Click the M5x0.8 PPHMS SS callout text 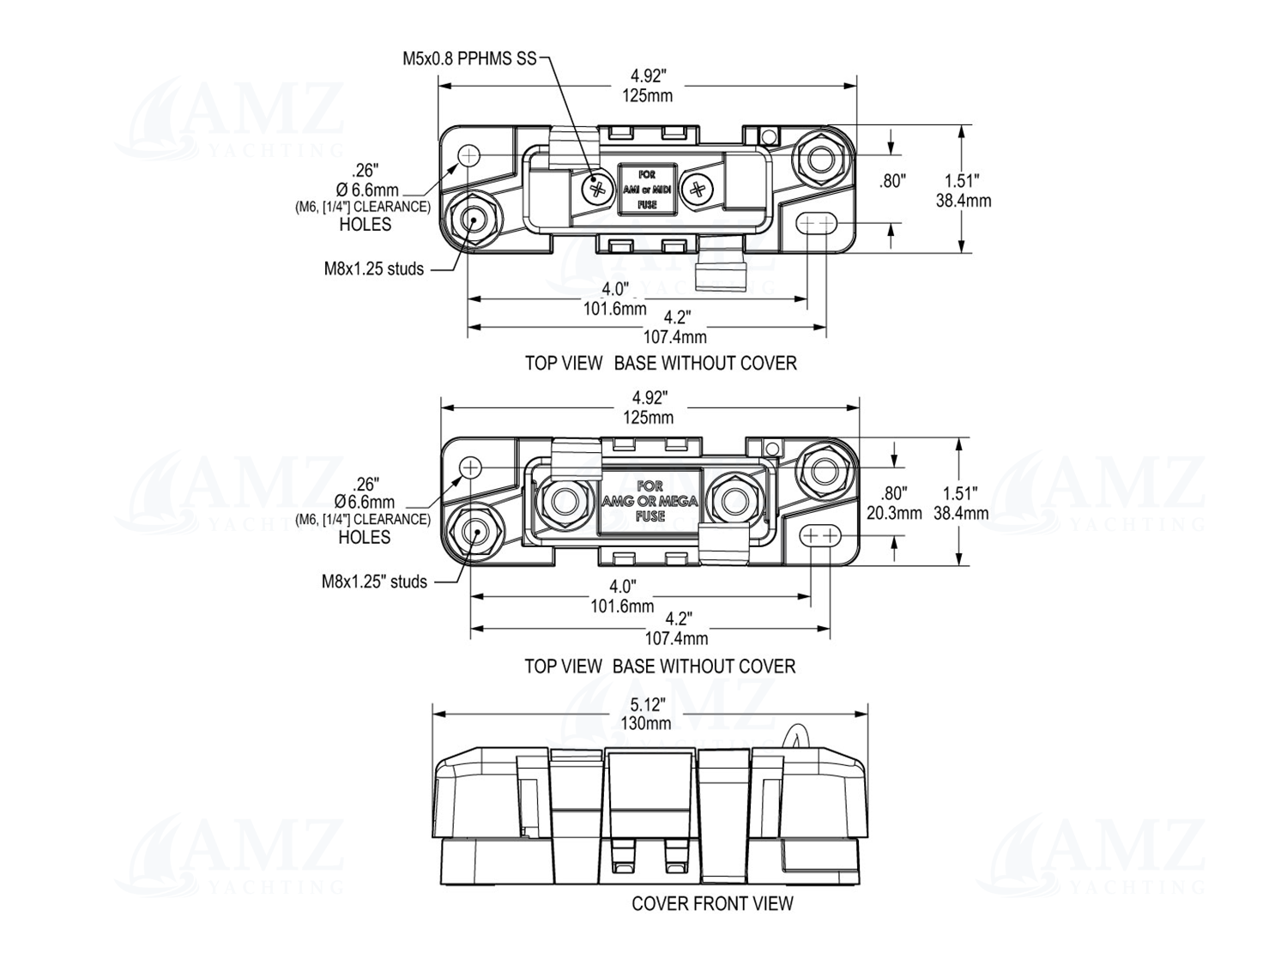pos(469,59)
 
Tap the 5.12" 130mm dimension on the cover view pos(646,714)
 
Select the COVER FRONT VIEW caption pos(712,903)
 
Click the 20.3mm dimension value pos(894,513)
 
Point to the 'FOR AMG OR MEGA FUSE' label pos(650,501)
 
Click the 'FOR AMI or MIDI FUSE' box pos(647,190)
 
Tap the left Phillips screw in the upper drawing pos(598,190)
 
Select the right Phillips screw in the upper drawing pos(698,190)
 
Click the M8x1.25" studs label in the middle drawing pos(374,582)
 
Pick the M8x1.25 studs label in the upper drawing pos(373,269)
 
